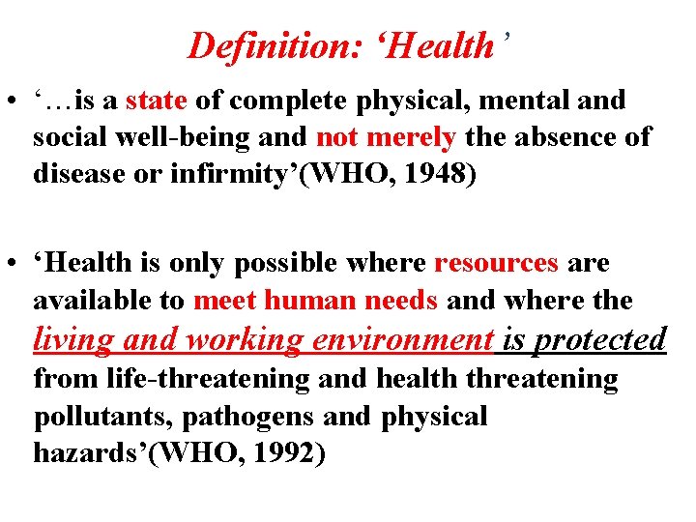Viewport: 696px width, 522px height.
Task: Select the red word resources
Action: (x=497, y=263)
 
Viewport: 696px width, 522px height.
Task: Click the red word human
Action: (x=316, y=301)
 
